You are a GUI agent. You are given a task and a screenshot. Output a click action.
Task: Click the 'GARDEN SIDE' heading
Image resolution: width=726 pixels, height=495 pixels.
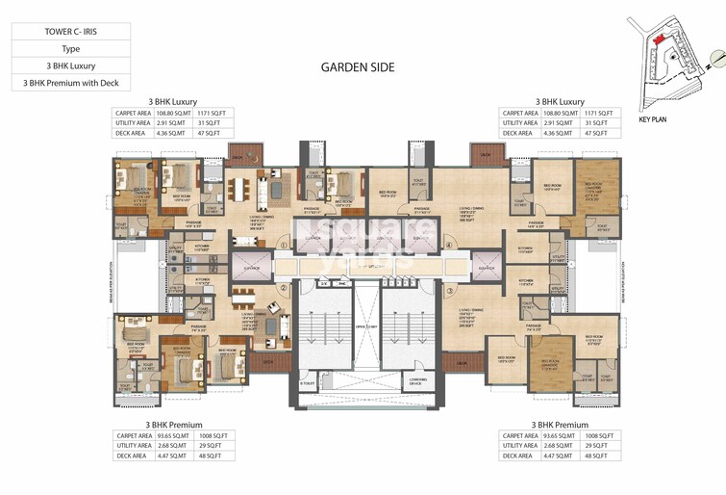(357, 67)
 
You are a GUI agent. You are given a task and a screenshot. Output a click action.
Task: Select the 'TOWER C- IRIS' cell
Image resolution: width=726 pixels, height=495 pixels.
(71, 30)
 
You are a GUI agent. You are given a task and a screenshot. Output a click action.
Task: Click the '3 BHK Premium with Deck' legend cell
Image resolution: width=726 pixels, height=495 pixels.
(71, 83)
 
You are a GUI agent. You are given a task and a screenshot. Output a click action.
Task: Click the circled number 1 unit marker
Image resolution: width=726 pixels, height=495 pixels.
(284, 246)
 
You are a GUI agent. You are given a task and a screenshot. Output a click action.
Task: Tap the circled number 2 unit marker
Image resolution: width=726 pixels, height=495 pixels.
(284, 288)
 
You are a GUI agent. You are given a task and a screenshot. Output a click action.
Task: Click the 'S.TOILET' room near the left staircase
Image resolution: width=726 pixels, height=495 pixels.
(307, 383)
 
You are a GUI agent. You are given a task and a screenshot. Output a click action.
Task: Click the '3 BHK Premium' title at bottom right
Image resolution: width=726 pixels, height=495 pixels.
(561, 424)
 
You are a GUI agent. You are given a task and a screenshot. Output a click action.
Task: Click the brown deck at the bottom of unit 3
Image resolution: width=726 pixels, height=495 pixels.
(468, 364)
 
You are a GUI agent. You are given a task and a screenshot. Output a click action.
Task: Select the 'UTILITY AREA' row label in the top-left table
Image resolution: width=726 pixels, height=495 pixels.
(134, 123)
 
